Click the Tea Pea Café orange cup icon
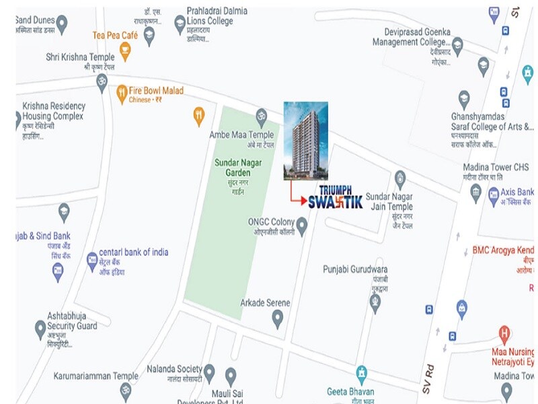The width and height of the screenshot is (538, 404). (x=124, y=49)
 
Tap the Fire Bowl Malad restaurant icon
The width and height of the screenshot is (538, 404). (x=122, y=92)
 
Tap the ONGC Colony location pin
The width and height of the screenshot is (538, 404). (x=302, y=227)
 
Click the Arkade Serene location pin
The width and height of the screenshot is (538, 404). (x=277, y=318)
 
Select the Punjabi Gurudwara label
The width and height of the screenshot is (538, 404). (x=355, y=270)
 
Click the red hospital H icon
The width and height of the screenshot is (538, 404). (x=504, y=333)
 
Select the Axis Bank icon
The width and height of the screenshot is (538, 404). (x=494, y=195)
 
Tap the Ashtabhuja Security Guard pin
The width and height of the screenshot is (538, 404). (x=40, y=329)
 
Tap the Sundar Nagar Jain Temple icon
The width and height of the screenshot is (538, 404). (x=400, y=178)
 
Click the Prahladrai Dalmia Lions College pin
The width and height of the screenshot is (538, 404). (x=180, y=25)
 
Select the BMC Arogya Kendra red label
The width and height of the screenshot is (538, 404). (x=502, y=250)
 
